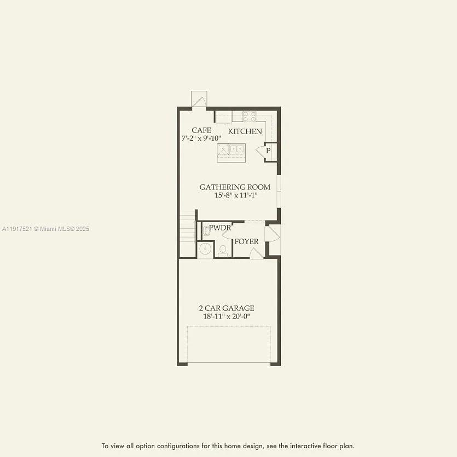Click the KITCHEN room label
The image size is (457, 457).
pyautogui.click(x=245, y=131)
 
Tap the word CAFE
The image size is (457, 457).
pyautogui.click(x=201, y=130)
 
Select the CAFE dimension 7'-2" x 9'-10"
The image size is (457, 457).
pyautogui.click(x=201, y=138)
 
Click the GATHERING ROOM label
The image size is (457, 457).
pyautogui.click(x=235, y=187)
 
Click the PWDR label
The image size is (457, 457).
pyautogui.click(x=219, y=228)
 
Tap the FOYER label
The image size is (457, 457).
pyautogui.click(x=246, y=241)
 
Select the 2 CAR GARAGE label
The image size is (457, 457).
pyautogui.click(x=226, y=308)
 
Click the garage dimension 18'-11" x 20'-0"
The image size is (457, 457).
pyautogui.click(x=226, y=316)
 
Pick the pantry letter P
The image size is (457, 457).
pyautogui.click(x=268, y=151)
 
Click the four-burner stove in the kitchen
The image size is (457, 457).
pyautogui.click(x=250, y=116)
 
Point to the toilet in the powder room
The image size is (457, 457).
pyautogui.click(x=223, y=250)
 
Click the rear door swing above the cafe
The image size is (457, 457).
pyautogui.click(x=198, y=100)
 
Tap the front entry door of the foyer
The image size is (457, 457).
pyautogui.click(x=273, y=234)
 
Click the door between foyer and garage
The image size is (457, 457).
pyautogui.click(x=256, y=253)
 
